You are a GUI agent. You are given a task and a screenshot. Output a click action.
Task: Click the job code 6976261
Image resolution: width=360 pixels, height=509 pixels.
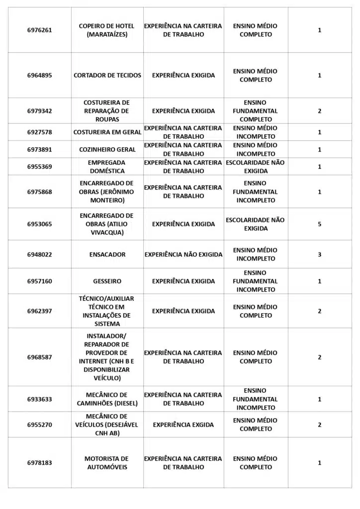(39, 30)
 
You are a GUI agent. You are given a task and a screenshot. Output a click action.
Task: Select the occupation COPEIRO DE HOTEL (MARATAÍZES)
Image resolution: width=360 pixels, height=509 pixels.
(106, 30)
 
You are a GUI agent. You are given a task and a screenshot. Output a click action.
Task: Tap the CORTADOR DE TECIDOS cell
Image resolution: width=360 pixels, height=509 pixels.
(107, 76)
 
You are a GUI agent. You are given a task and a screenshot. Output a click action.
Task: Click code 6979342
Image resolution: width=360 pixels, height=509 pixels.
(39, 111)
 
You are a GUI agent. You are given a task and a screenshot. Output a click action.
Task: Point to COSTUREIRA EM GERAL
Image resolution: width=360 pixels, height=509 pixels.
(107, 132)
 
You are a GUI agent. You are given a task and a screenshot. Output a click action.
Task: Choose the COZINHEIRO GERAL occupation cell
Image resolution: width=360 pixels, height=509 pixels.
(107, 150)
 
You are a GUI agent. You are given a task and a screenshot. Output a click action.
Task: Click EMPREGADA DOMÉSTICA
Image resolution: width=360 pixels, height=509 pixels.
(106, 167)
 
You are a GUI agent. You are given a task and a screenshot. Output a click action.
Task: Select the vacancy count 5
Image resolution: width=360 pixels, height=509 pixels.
(320, 224)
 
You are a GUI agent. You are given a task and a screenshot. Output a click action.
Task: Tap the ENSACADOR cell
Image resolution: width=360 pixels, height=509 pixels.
(107, 254)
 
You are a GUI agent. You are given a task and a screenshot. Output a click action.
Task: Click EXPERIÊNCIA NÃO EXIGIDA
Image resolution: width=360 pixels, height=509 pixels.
(183, 254)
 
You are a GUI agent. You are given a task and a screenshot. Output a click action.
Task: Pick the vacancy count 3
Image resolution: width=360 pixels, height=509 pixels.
(320, 254)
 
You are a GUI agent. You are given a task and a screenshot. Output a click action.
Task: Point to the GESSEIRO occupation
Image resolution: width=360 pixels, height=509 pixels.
(107, 281)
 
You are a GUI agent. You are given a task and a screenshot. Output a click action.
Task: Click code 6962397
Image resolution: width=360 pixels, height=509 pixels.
(39, 311)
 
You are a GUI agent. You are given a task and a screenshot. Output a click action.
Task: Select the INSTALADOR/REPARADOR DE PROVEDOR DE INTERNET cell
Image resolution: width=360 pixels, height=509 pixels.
(106, 357)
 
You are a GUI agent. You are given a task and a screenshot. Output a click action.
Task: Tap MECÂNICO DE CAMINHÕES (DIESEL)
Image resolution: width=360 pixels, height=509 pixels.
(107, 399)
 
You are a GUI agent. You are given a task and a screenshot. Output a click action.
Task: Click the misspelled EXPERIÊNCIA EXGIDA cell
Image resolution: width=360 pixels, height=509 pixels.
(183, 425)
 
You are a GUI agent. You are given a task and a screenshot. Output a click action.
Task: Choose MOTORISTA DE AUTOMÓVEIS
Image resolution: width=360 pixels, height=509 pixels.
(106, 463)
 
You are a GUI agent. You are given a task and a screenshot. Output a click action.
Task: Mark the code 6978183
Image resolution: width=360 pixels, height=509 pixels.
(39, 463)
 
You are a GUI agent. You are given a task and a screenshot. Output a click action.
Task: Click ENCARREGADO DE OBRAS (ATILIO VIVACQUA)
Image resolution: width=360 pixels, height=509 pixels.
(106, 224)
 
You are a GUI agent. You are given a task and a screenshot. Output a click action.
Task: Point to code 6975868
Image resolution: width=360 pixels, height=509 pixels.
(39, 192)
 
